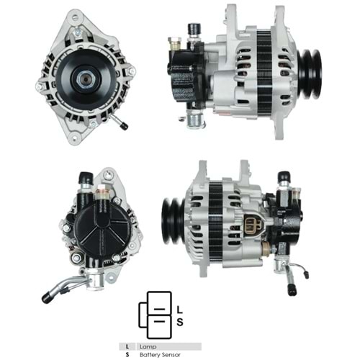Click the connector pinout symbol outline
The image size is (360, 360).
153,315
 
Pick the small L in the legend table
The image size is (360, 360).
126,346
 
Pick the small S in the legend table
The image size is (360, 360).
126,354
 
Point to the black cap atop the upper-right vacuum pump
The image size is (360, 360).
193,29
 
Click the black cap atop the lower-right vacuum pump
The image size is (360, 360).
284,176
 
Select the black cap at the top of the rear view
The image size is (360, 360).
86,178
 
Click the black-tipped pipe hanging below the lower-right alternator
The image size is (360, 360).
292,289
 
